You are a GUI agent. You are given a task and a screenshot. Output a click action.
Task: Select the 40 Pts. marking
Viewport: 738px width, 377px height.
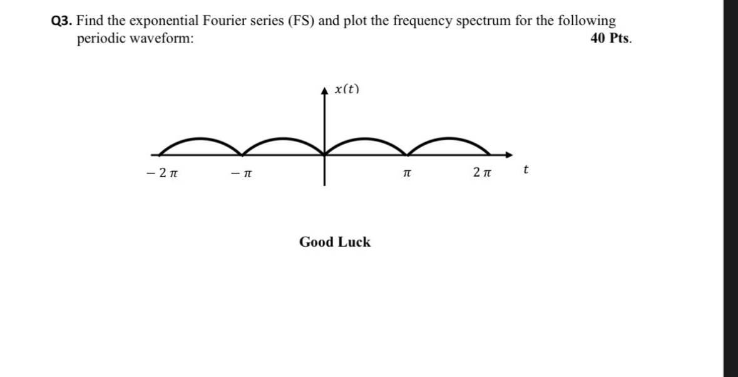click(611, 38)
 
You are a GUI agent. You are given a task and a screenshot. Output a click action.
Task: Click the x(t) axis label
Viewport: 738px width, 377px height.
click(347, 89)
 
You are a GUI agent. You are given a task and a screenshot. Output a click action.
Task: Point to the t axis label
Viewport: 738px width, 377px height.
click(526, 169)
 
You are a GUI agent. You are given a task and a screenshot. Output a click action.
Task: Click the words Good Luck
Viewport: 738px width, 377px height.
click(335, 242)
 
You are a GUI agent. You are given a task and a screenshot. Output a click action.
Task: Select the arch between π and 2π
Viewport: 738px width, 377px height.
click(449, 140)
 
